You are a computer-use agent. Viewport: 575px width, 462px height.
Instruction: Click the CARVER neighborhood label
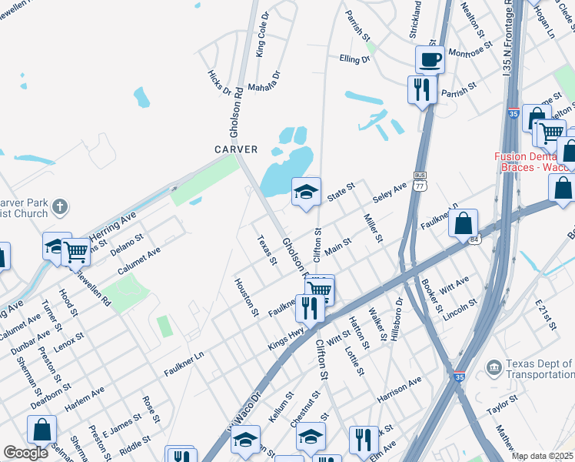236,149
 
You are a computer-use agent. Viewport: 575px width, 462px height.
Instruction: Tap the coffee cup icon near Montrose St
430,60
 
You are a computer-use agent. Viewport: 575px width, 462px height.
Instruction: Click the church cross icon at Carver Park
60,206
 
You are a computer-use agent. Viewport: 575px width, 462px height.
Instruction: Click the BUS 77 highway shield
420,181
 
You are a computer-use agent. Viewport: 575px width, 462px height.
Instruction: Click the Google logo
25,452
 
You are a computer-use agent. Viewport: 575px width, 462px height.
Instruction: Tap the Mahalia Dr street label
266,79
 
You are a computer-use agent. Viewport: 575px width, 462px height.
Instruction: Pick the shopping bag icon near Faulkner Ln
464,223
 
